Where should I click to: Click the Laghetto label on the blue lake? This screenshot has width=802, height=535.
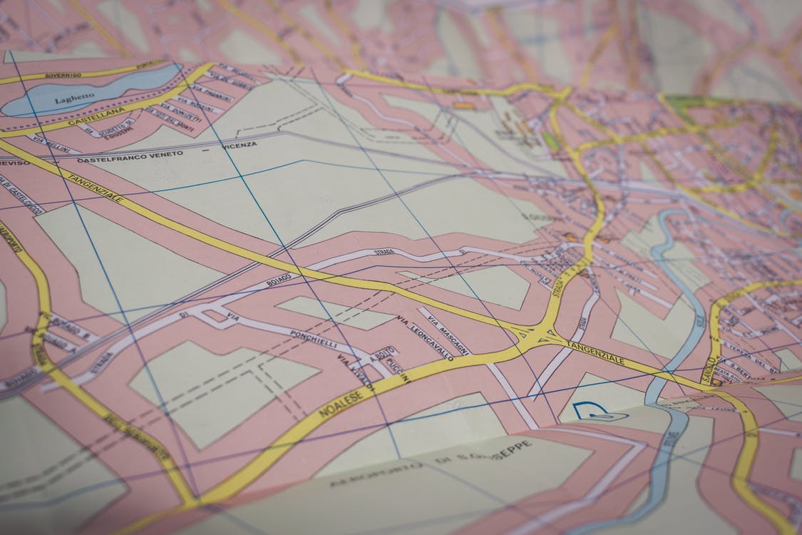[x=74, y=96]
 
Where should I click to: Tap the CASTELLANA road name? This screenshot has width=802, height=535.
[x=92, y=118]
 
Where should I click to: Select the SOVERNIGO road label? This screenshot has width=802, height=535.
[x=63, y=74]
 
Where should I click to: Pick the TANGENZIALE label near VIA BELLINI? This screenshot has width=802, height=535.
[x=95, y=187]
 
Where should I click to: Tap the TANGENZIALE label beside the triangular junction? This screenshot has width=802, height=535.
[x=595, y=353]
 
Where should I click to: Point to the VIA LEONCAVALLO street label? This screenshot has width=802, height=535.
[x=424, y=337]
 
